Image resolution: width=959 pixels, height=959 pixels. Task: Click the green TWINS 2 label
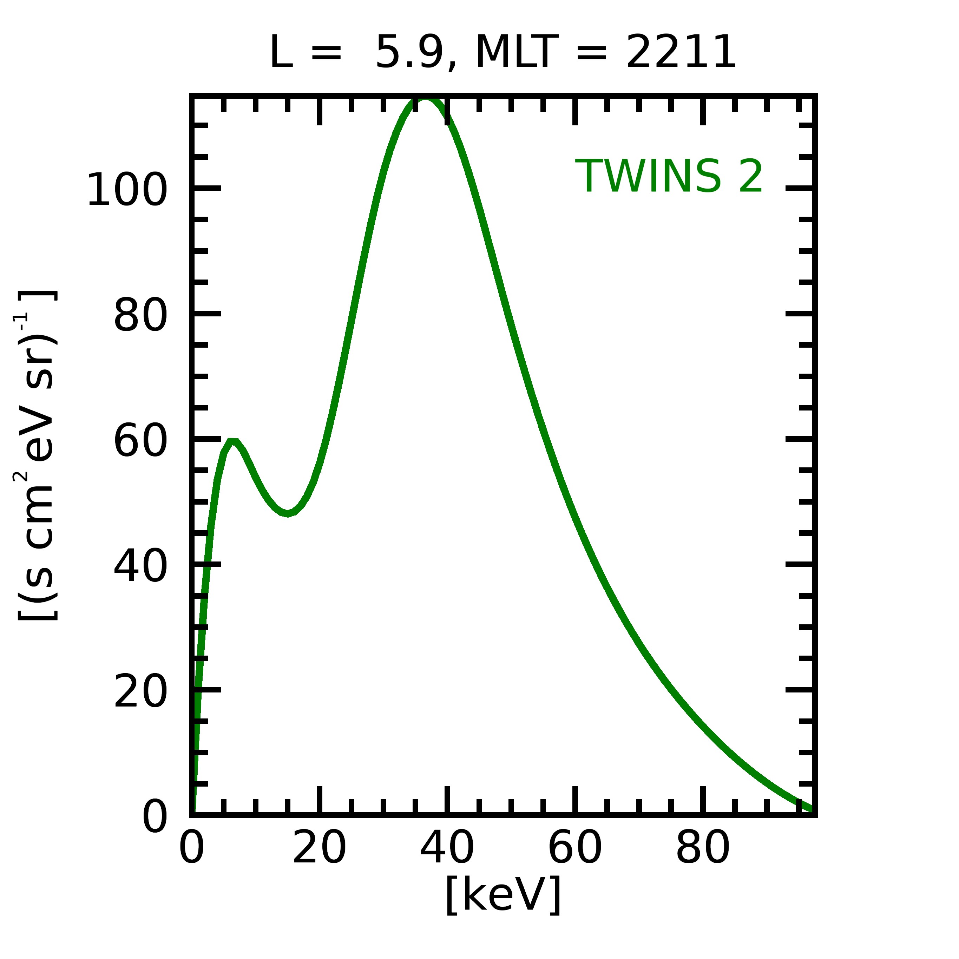(x=668, y=177)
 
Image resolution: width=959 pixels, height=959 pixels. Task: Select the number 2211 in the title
(x=681, y=53)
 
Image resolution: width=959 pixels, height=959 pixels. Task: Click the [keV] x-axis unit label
(x=503, y=894)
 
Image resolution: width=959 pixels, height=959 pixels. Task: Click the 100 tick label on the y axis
(x=126, y=190)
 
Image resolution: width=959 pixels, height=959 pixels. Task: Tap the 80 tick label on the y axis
(x=140, y=316)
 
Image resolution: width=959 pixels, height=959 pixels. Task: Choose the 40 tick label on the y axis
(x=140, y=567)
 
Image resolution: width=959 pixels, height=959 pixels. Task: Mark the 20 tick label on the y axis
(x=140, y=692)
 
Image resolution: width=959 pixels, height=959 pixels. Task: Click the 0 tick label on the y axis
(x=155, y=817)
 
